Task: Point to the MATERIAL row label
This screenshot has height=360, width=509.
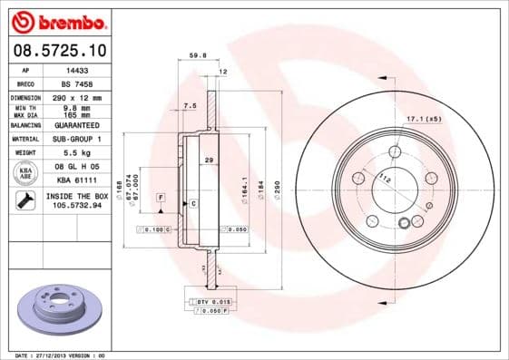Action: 24,139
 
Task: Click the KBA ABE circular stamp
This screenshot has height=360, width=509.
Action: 25,172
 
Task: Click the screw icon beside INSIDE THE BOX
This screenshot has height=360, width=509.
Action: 25,200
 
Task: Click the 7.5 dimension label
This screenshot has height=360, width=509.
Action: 190,106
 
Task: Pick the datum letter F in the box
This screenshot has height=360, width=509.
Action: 160,197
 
